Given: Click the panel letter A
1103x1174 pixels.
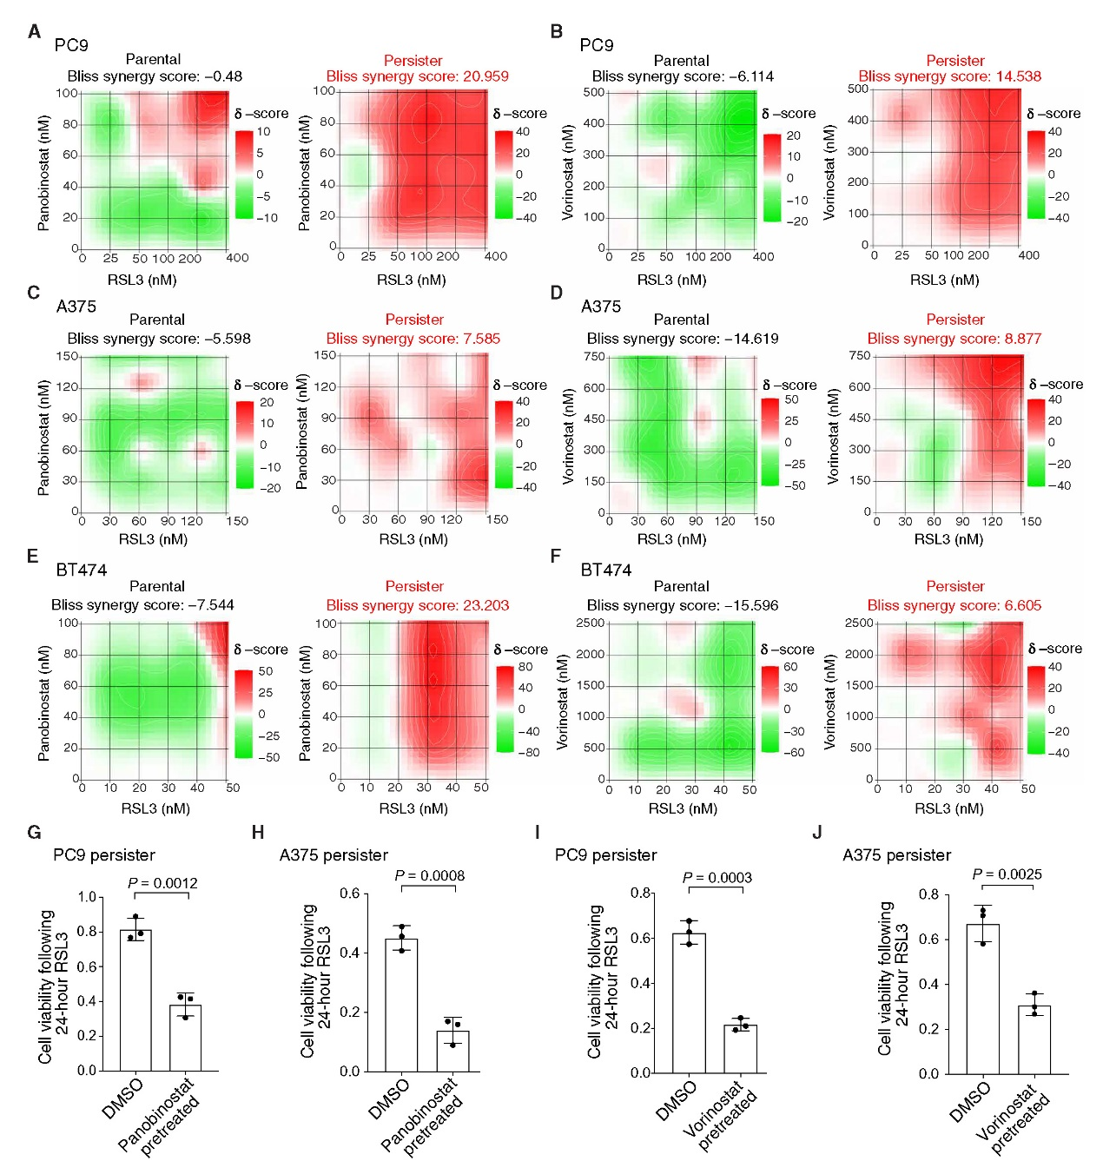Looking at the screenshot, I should pos(35,32).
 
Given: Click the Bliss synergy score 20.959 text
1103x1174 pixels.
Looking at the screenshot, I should pos(417,76).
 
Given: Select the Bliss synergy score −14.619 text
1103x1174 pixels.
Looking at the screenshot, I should pos(683,339).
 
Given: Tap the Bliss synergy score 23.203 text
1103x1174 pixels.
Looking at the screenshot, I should pos(417,605).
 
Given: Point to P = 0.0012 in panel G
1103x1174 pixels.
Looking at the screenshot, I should pos(162,883).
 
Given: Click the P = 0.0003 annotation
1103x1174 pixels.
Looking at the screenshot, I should pos(717,878).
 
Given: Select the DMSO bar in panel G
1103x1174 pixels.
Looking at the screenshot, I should pos(135,999).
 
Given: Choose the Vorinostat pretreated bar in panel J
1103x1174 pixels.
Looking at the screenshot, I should pos(1034,1039).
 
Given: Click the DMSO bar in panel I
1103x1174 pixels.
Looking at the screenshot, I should pos(689,1003).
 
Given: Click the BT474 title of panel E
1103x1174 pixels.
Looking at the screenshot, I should pos(82,571).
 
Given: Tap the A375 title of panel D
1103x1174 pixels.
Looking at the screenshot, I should pos(601,307).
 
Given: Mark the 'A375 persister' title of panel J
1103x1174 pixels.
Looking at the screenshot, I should pos(896,855).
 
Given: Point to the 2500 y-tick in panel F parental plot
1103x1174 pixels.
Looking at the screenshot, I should pos(591,623).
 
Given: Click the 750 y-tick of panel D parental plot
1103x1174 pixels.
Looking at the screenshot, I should pos(594,357).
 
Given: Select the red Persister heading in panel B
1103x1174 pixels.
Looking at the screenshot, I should pos(954,61).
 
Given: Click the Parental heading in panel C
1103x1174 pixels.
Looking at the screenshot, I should pos(156,320).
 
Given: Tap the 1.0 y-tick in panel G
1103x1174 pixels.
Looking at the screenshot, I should pos(87,897).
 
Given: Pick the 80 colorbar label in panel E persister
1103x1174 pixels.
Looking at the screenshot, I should pos(525,667).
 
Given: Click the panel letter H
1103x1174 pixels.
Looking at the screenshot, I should pos(258,833).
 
